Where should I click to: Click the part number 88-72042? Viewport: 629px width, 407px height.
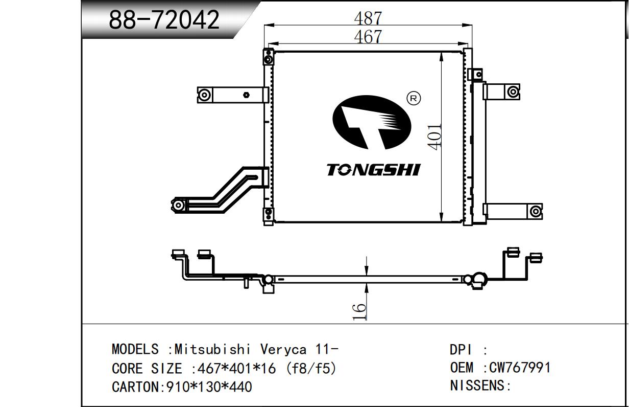(x=164, y=20)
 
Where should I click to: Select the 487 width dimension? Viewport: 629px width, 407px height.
(x=368, y=18)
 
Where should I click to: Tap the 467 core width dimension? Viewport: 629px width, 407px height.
(x=368, y=37)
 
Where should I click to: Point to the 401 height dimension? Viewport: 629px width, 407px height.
(x=434, y=137)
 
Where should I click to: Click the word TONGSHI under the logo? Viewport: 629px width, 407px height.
(x=373, y=170)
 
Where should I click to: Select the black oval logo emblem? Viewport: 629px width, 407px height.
(x=371, y=123)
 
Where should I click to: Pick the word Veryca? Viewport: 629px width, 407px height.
(x=284, y=350)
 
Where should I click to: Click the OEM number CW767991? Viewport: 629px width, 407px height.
(x=520, y=368)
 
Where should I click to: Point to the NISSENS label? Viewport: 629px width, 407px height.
(x=480, y=386)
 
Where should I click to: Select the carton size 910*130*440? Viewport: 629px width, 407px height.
(x=209, y=387)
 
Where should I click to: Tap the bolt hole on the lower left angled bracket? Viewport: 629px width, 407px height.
(x=179, y=206)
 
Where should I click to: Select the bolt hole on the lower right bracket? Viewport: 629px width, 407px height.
(x=535, y=211)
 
